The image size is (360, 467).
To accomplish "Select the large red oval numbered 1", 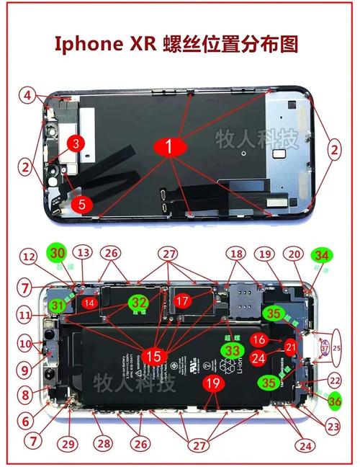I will point(169,147).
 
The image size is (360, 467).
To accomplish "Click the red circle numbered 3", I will point(75,143).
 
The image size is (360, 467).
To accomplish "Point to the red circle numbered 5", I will point(81,204).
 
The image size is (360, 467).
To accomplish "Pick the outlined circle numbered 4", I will point(26,94).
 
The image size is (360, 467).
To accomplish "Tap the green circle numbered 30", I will point(56,253).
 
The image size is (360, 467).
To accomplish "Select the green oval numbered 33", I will point(231,350).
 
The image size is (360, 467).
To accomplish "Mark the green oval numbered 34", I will point(322,255).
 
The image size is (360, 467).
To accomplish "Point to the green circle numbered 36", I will point(335,401).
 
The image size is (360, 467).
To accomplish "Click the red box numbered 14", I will point(90,303).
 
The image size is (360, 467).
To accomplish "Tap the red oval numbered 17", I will point(184,299).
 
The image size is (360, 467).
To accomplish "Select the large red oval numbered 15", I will point(153,355).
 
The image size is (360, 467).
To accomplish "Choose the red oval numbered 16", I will point(258,339).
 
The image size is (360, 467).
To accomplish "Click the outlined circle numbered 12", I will point(27,256).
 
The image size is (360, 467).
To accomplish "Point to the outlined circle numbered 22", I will point(333,380).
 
